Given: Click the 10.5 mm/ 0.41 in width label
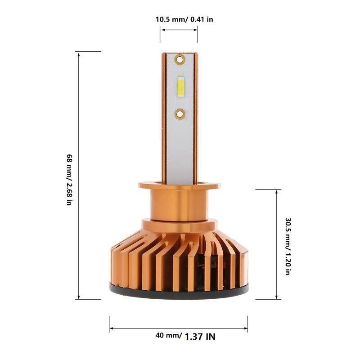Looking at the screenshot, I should click(184, 19).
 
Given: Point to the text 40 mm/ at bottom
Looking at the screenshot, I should click(168, 335).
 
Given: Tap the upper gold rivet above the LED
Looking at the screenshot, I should click(180, 59).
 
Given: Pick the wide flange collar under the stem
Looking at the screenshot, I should click(179, 185).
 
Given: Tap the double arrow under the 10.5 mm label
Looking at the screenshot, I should click(179, 30).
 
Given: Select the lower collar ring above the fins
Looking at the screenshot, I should click(179, 224).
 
